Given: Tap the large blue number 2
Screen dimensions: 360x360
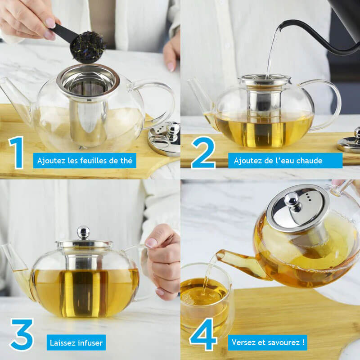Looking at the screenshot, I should pyautogui.click(x=203, y=153).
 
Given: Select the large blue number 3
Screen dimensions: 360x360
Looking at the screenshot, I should pyautogui.click(x=21, y=335).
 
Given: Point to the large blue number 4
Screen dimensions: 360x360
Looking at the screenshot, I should pyautogui.click(x=203, y=335).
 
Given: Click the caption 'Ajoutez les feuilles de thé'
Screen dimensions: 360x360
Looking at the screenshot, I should pyautogui.click(x=85, y=161).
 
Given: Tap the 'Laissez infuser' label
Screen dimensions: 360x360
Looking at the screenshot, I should pyautogui.click(x=76, y=342).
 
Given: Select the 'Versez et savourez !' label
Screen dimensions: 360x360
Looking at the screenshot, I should pyautogui.click(x=268, y=342).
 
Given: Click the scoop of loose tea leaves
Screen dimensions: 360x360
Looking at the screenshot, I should pyautogui.click(x=89, y=46).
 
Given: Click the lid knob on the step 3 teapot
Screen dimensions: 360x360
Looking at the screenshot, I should pyautogui.click(x=83, y=232).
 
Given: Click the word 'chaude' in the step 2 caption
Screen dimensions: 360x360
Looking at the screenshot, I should pyautogui.click(x=310, y=161).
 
